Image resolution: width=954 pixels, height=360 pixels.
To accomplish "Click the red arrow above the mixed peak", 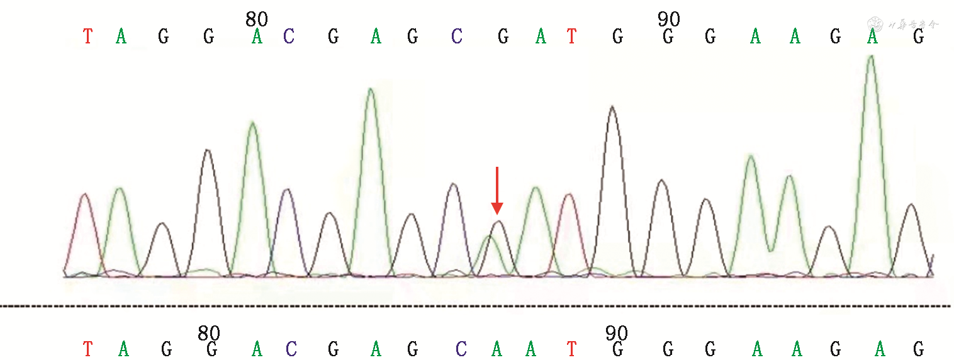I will [x=497, y=189].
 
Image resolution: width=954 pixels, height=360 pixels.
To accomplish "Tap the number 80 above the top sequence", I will [x=257, y=20].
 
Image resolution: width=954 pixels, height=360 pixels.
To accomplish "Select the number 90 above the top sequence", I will [x=669, y=20].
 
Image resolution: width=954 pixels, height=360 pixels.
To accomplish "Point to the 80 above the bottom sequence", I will [x=209, y=333].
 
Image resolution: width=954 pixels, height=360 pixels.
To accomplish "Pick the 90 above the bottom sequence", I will [x=617, y=333].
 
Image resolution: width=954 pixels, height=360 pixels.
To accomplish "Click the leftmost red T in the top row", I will [x=88, y=37].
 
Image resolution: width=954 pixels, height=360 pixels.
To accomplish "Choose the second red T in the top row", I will [x=571, y=37].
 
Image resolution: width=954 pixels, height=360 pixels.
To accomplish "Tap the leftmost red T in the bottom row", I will [x=88, y=349].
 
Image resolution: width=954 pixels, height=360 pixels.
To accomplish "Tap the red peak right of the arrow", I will [x=569, y=196].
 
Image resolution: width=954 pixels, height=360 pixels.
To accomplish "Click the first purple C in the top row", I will [x=289, y=37].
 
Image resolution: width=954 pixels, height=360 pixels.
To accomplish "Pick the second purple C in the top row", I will [x=457, y=37].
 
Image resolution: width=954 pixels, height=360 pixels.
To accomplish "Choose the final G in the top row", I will [x=919, y=37].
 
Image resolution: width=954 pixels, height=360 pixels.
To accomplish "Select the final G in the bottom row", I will [x=919, y=349].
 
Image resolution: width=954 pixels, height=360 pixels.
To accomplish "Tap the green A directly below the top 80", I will [x=257, y=37].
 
